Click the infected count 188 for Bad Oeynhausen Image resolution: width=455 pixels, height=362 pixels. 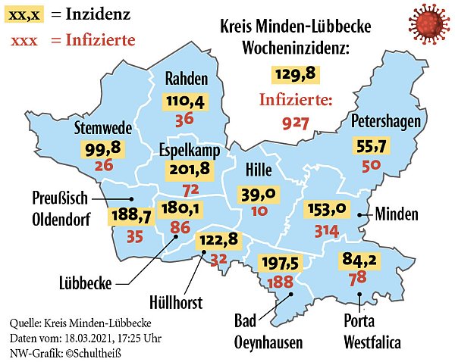pyautogui.click(x=281, y=282)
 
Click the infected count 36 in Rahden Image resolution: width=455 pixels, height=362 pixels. pyautogui.click(x=184, y=119)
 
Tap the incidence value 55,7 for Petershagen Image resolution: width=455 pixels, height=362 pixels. pyautogui.click(x=372, y=146)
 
